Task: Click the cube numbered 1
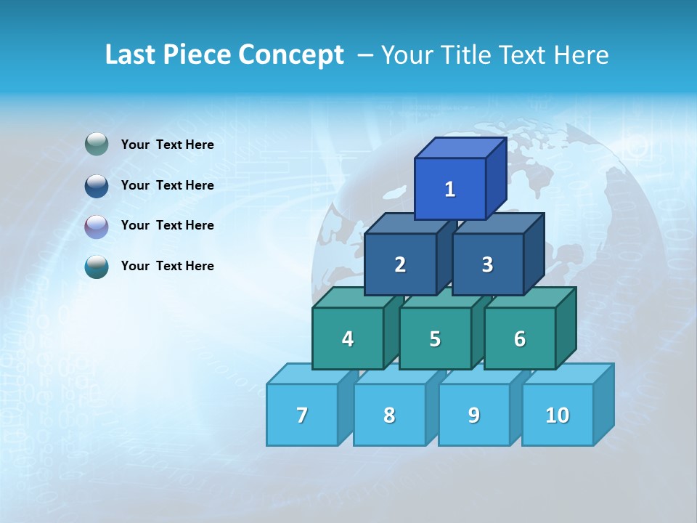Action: coord(450,189)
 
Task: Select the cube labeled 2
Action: coord(400,264)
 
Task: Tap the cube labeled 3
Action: coord(487,264)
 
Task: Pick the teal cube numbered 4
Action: coord(348,338)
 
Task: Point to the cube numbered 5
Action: coord(435,338)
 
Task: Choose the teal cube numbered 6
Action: coord(520,338)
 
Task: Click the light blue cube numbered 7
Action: coord(302,415)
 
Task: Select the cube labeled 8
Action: coord(389,415)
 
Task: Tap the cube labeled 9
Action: coord(473,415)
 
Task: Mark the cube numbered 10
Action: coord(557,415)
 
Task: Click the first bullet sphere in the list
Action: coord(97,145)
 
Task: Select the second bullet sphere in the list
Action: coord(97,185)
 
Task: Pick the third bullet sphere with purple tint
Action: coord(97,226)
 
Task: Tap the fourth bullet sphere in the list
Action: coord(97,267)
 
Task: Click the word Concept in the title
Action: coord(291,55)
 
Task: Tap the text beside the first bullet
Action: coord(168,145)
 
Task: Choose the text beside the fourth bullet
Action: coord(168,266)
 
